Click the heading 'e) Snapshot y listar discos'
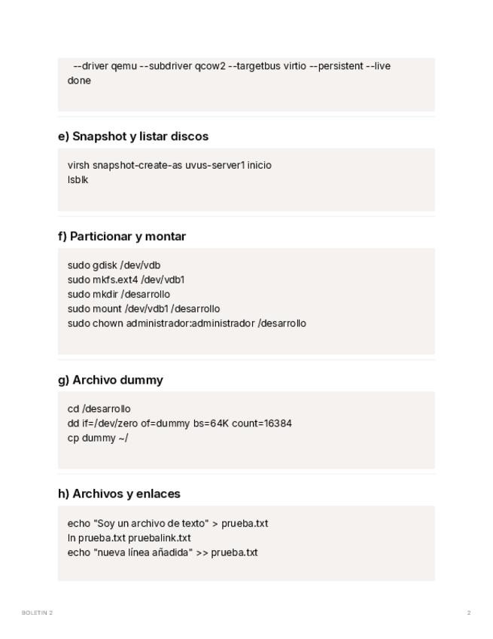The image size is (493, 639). [x=133, y=136]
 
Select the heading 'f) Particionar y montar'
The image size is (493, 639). [x=122, y=236]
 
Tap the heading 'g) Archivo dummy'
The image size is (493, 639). [x=111, y=380]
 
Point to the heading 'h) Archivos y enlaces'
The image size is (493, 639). [x=119, y=494]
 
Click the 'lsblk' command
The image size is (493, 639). [x=78, y=179]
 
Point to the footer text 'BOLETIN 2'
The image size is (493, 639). [x=37, y=613]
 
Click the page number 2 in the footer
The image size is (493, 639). [x=469, y=613]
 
